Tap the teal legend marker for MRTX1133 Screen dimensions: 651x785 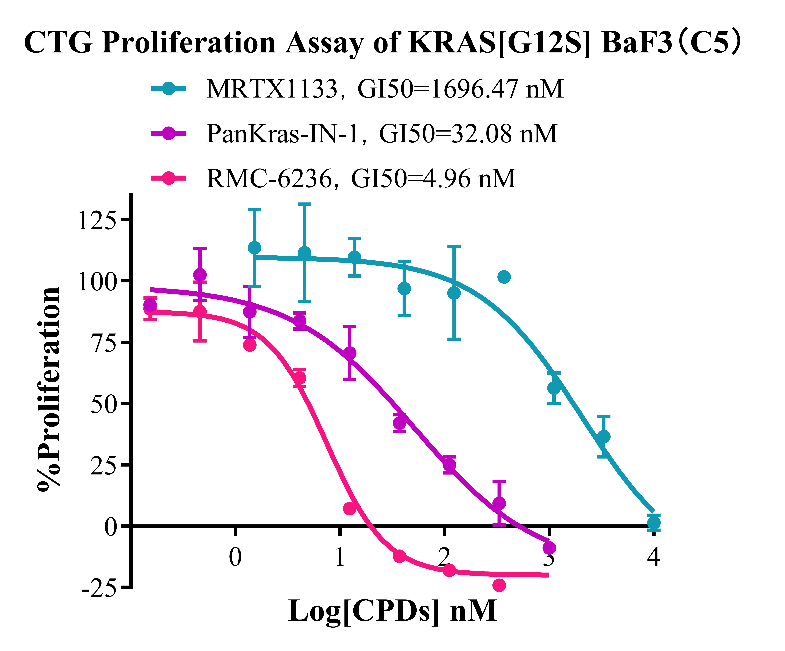[x=169, y=89]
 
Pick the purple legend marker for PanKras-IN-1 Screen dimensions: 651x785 [x=169, y=133]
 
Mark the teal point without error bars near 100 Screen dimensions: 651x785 [x=504, y=277]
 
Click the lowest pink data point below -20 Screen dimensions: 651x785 [x=499, y=585]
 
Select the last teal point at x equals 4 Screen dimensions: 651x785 [x=653, y=522]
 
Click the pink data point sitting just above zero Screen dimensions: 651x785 [x=349, y=508]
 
